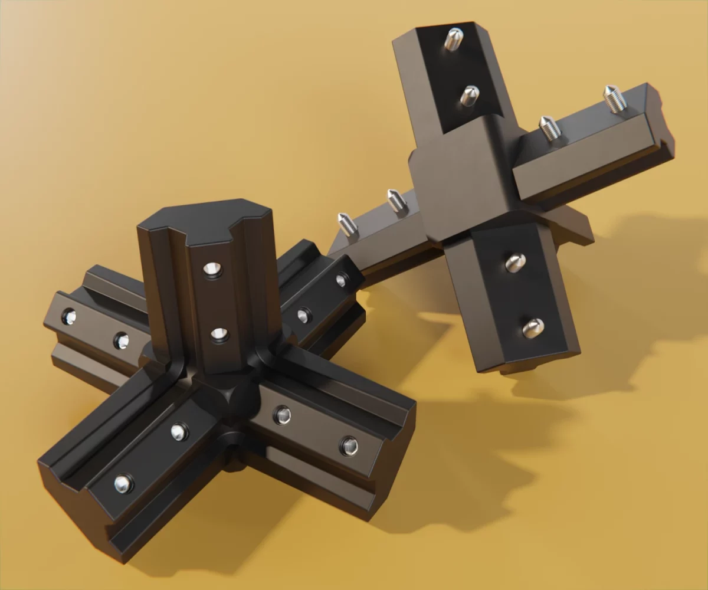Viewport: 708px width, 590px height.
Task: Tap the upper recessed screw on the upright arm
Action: click(x=212, y=270)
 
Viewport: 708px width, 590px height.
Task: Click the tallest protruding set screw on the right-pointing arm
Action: click(x=615, y=99)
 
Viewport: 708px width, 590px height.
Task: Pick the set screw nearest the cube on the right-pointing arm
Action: click(x=548, y=128)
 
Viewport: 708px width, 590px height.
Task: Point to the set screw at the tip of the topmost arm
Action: click(x=454, y=39)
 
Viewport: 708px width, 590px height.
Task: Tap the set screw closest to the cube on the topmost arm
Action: click(x=469, y=94)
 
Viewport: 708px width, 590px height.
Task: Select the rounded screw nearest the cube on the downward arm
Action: click(x=516, y=262)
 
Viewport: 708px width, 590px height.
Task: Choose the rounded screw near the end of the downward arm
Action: click(x=533, y=328)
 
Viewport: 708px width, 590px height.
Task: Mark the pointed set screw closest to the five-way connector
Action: click(x=348, y=225)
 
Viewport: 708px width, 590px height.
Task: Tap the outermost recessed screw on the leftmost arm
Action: click(x=69, y=317)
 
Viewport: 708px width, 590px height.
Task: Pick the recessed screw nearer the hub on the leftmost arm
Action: click(x=121, y=340)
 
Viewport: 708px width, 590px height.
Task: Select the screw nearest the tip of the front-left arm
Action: click(x=123, y=484)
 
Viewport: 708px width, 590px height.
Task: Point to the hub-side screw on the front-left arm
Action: click(x=179, y=432)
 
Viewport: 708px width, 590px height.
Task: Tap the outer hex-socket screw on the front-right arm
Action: click(x=349, y=445)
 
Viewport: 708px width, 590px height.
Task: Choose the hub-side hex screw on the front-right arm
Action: click(x=282, y=415)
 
